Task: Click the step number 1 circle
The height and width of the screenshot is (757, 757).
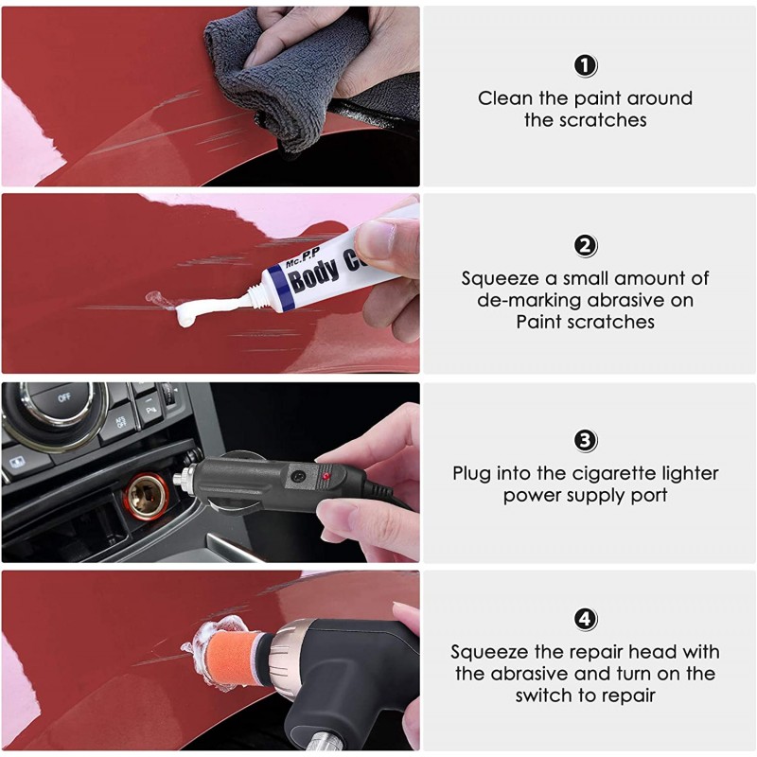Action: point(585,65)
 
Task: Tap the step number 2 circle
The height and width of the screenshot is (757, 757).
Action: point(585,246)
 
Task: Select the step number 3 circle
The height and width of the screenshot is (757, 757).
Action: point(585,441)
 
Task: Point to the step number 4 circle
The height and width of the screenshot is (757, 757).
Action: point(585,619)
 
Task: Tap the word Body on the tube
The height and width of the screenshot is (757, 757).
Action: point(314,273)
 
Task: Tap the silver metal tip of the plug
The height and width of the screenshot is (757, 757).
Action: point(180,479)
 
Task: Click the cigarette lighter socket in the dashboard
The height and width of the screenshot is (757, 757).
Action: point(147,496)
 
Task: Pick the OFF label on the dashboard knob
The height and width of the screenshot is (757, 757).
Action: point(64,397)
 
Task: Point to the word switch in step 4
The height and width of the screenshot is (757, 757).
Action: point(545,695)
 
